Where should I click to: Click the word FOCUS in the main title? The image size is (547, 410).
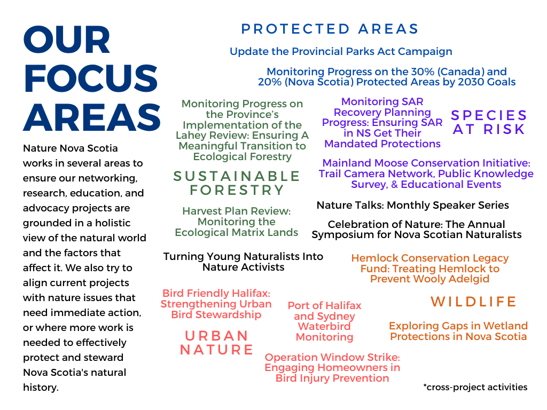coord(91,78)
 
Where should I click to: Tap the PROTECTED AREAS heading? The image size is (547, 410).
coord(330,29)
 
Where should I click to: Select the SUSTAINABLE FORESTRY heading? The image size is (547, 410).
coord(237,183)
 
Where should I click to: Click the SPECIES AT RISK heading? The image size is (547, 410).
coord(489,122)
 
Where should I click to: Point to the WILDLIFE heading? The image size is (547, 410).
coord(473,302)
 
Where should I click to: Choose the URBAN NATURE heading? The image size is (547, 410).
coord(216,343)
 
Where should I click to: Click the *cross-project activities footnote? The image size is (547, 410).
coord(475,387)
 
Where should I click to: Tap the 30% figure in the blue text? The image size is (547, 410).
coord(423,72)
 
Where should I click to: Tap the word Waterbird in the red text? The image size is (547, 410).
coord(324,327)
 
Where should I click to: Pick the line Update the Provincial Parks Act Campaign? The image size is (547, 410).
coord(341,52)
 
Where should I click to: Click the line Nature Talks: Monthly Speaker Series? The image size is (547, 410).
coord(413,206)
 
